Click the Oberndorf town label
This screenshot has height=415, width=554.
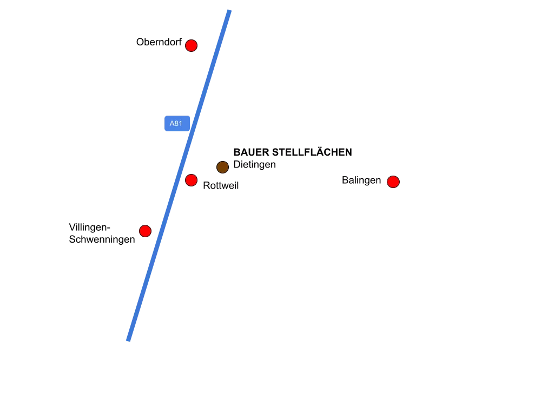coord(159,42)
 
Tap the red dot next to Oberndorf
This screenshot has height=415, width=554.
coord(191,45)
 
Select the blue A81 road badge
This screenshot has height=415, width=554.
coord(177,124)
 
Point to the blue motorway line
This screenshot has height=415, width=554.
coord(179,176)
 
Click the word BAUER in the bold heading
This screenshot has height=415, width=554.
coord(251,152)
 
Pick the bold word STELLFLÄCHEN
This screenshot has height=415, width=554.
coord(312,151)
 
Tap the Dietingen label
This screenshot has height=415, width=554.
coord(254,164)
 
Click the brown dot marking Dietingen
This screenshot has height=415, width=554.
coord(222,167)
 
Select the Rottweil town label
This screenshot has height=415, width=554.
coord(221,186)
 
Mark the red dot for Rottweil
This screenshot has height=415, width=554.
coord(191,180)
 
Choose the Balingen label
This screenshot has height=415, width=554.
coord(361,180)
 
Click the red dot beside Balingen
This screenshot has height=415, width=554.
coord(393,182)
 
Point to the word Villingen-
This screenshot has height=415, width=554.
coord(89,227)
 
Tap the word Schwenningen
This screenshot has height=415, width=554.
coord(102,239)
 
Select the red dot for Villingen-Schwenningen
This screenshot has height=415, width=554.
coord(145,231)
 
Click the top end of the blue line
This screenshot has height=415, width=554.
coord(229,11)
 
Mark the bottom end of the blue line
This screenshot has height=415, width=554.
coord(128,340)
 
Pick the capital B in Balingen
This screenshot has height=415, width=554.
coord(345,180)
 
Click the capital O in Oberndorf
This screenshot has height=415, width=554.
coord(140,42)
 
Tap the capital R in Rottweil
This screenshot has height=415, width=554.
coord(206,186)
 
